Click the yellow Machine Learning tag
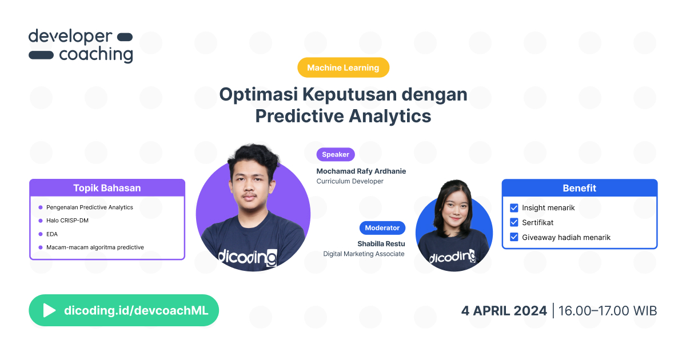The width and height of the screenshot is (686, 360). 343,67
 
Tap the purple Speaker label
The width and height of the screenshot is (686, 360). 336,154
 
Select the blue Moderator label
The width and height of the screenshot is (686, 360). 382,227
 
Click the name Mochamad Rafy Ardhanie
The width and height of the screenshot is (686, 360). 361,171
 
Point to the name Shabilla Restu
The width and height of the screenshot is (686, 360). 381,244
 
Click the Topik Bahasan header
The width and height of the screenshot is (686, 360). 107,188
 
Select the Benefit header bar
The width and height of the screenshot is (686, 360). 579,188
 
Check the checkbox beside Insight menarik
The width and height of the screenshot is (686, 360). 514,208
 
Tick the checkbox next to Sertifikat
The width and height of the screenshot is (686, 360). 514,222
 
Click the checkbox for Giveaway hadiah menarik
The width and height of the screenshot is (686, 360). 514,237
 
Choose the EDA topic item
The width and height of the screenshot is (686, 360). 52,234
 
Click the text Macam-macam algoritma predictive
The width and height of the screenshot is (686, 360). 95,247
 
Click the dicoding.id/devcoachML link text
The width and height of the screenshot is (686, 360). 136,310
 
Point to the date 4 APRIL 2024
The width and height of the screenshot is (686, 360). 504,311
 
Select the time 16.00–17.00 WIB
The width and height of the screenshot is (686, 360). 608,311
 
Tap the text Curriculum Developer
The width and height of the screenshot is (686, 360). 350,181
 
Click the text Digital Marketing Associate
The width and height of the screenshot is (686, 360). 364,254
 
